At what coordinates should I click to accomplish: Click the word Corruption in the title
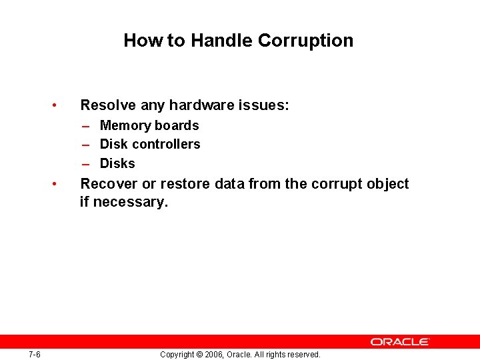(305, 41)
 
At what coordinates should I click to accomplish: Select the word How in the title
(143, 41)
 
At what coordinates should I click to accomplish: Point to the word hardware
(197, 105)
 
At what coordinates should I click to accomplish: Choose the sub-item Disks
(117, 163)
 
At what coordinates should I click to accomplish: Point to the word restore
(186, 184)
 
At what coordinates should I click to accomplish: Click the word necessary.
(130, 201)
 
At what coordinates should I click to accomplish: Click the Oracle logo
(401, 341)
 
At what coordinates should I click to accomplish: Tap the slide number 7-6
(35, 354)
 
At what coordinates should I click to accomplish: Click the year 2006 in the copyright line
(213, 355)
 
